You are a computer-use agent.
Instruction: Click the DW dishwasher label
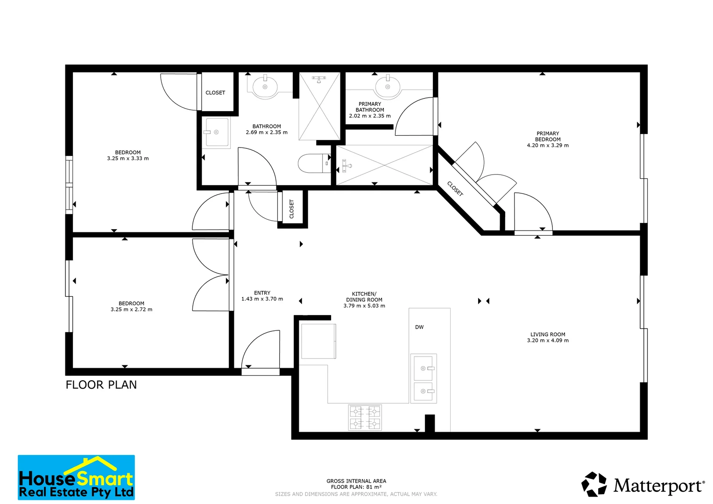coord(419,327)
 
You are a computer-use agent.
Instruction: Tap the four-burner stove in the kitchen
coord(365,417)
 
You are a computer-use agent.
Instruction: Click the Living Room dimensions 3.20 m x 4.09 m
coord(548,341)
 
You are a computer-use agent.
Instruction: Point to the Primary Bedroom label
coord(548,136)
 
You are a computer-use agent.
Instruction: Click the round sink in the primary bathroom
coord(388,87)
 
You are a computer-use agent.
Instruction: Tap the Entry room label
coord(262,293)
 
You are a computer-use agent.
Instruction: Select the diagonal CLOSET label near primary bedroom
coord(455,189)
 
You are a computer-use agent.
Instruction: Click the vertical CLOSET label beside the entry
coord(292,209)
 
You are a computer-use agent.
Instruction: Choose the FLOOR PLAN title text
coord(101,385)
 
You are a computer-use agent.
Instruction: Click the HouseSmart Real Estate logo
coord(76,477)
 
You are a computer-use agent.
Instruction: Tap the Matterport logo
coord(642,485)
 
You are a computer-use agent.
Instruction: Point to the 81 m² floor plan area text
coord(356,487)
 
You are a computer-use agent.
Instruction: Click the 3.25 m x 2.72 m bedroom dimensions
coord(131,309)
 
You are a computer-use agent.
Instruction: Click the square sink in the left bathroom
coord(217,132)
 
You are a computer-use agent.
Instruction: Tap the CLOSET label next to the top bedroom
coord(215,93)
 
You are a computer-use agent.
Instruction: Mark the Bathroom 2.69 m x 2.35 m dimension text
coord(267,133)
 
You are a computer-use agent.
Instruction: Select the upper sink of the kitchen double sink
coord(424,368)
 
